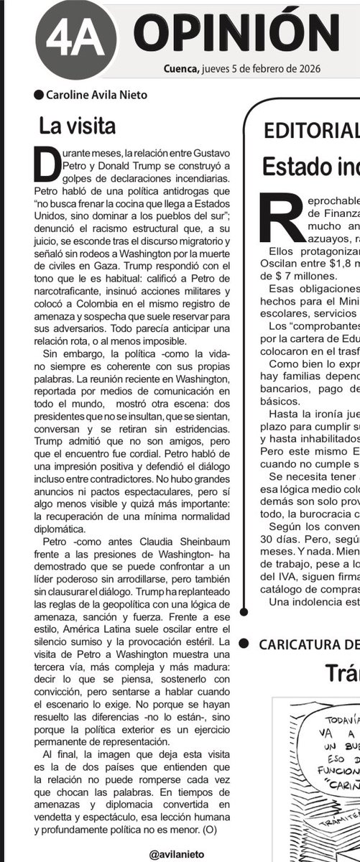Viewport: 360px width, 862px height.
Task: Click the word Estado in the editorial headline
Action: [294, 167]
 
